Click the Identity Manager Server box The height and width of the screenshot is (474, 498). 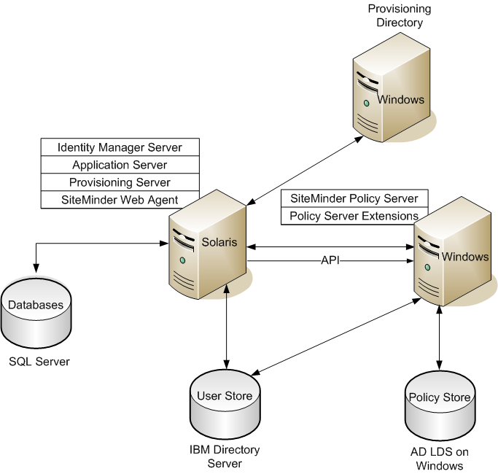[120, 147]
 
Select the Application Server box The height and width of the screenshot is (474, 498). [120, 165]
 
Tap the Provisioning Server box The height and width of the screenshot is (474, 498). [120, 182]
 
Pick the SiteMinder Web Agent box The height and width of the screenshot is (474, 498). [120, 200]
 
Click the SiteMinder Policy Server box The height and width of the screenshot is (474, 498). [354, 198]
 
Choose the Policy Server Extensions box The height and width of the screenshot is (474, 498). [354, 216]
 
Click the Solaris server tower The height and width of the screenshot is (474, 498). [208, 244]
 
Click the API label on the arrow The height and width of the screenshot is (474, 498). [330, 260]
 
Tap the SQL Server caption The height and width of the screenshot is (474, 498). [39, 361]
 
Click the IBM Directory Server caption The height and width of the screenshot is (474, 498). [224, 456]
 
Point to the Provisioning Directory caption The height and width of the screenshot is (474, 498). [399, 15]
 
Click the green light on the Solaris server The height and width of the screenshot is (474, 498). [182, 260]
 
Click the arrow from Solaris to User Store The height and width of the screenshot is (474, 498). [228, 325]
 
